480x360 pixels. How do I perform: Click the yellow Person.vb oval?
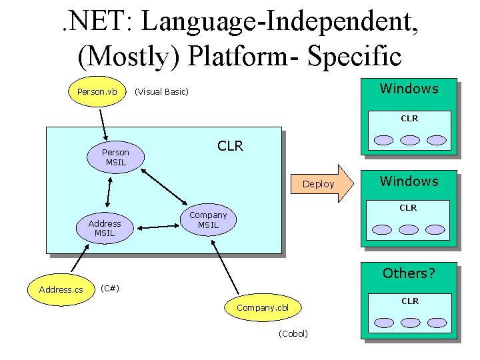pos(97,91)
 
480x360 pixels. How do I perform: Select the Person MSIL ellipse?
pos(115,157)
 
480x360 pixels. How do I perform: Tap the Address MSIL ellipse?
pos(105,228)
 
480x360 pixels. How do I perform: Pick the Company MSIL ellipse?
pos(208,220)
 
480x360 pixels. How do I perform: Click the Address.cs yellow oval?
pos(61,289)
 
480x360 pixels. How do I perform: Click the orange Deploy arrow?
pos(324,183)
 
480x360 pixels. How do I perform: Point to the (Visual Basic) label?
pos(161,91)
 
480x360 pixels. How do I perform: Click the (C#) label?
pos(109,288)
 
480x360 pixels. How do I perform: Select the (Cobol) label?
pos(293,333)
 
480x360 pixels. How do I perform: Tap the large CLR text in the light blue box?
pos(230,146)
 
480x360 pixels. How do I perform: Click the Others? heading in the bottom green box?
pos(409,273)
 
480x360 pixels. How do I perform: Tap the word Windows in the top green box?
pos(409,89)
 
